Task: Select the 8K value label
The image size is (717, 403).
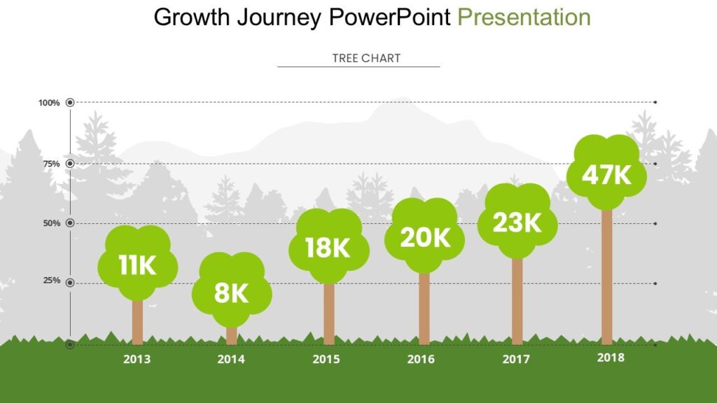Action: (x=232, y=292)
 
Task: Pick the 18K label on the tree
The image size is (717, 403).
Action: (x=328, y=248)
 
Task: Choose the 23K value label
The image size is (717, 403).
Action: (x=517, y=222)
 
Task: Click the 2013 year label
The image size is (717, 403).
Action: (x=137, y=360)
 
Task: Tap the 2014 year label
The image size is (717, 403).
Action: (x=231, y=360)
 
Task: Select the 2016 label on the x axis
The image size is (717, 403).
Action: (x=421, y=360)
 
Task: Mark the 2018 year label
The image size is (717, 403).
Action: (x=611, y=358)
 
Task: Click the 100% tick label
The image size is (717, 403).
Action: (x=49, y=103)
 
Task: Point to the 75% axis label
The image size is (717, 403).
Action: (x=51, y=164)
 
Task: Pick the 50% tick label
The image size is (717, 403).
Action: (x=51, y=223)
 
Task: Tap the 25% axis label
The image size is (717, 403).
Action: (x=51, y=281)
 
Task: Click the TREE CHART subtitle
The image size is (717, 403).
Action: (x=366, y=58)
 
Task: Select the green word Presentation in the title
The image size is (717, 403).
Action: (x=524, y=17)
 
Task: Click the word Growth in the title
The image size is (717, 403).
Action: (x=192, y=17)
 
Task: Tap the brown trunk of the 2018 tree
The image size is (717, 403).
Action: (x=606, y=280)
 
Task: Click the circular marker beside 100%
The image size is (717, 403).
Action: (x=70, y=103)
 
